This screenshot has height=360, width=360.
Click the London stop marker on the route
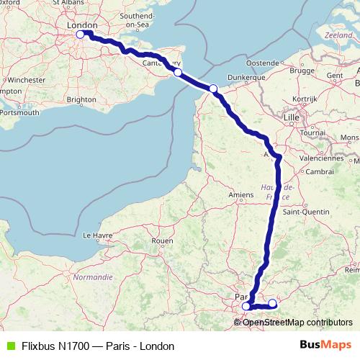(x=81, y=32)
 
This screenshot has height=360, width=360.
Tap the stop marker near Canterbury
(x=178, y=72)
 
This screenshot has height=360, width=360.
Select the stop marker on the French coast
(x=213, y=89)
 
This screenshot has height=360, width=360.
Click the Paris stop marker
(x=246, y=306)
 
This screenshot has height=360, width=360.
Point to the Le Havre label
(x=98, y=235)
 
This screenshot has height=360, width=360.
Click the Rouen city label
(x=163, y=240)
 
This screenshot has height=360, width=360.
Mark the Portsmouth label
(x=20, y=112)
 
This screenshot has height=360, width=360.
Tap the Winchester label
(x=28, y=79)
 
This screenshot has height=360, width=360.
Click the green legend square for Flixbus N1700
(x=8, y=346)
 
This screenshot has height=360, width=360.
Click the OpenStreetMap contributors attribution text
(x=297, y=322)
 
